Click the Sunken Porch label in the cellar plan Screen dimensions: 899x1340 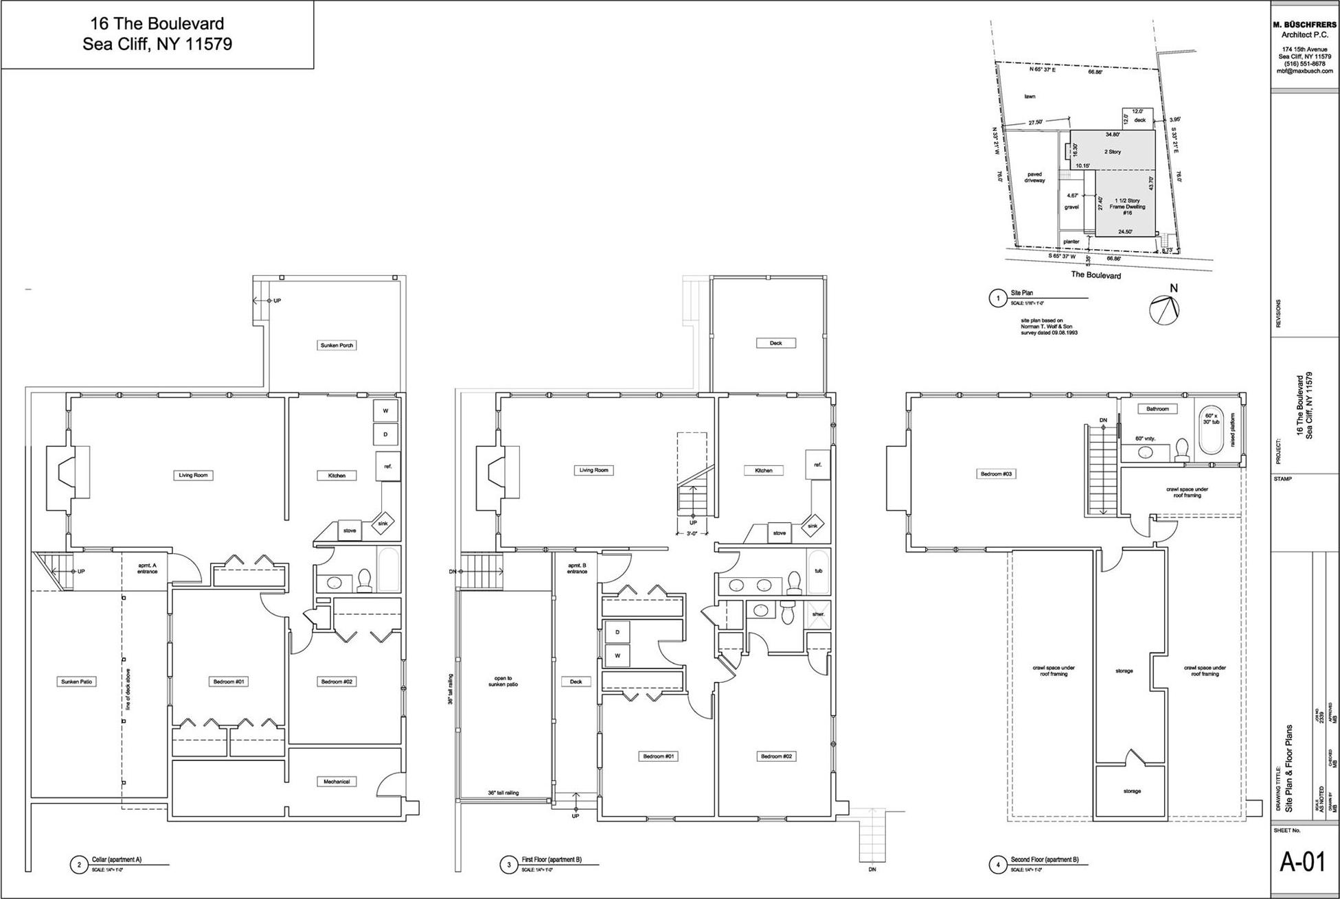[x=337, y=345]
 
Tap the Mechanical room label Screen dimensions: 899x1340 [x=337, y=782]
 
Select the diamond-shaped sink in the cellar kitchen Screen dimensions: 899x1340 [x=383, y=524]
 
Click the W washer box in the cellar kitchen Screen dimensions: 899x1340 [x=385, y=411]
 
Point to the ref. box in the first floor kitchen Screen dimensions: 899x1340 [x=817, y=465]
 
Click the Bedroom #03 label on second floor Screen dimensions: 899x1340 [x=996, y=474]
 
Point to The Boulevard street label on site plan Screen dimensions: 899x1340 [x=1095, y=275]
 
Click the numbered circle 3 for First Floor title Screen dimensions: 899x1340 [x=509, y=865]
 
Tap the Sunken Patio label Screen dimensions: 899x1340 [x=76, y=681]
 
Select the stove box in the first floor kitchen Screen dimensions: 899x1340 [x=779, y=533]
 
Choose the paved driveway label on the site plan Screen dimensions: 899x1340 [x=1034, y=177]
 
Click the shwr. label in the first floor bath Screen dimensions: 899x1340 [x=818, y=614]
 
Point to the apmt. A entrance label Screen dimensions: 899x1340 [x=147, y=568]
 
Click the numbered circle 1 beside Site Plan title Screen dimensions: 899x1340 [x=997, y=298]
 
